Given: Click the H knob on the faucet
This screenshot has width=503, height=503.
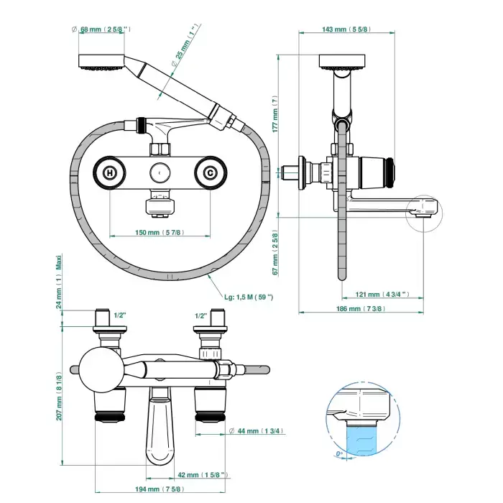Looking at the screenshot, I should [x=110, y=172].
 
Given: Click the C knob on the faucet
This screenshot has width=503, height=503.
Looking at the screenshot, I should [x=210, y=172].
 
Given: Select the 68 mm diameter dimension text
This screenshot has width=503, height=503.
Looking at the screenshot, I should [x=105, y=29].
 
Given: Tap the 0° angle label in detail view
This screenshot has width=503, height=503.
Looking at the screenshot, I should [x=339, y=454].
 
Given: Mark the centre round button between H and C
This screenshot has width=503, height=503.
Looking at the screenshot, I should [x=160, y=172].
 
